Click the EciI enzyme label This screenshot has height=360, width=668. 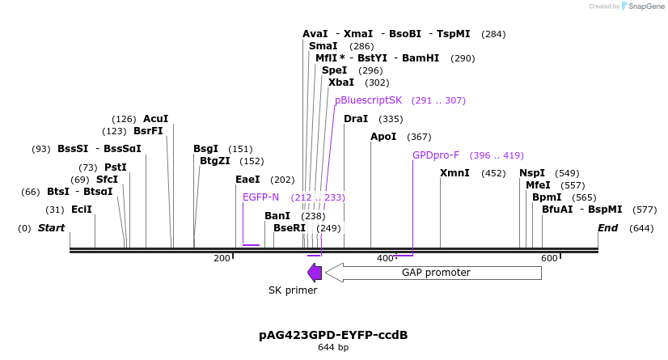pyautogui.click(x=81, y=210)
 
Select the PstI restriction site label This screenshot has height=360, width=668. pyautogui.click(x=115, y=167)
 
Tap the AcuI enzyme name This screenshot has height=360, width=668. pyautogui.click(x=155, y=119)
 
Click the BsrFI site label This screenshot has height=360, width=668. pyautogui.click(x=148, y=131)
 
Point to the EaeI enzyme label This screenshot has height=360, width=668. pyautogui.click(x=247, y=180)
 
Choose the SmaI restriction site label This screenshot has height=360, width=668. pyautogui.click(x=323, y=46)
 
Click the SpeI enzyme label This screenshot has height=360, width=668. pyautogui.click(x=334, y=70)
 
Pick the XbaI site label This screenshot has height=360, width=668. pyautogui.click(x=340, y=83)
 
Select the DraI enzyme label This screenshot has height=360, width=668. pyautogui.click(x=356, y=119)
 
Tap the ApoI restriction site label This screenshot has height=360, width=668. pyautogui.click(x=383, y=137)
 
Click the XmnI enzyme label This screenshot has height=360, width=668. pyautogui.click(x=454, y=173)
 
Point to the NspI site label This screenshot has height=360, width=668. pyautogui.click(x=532, y=173)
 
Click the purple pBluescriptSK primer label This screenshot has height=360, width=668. pyautogui.click(x=368, y=100)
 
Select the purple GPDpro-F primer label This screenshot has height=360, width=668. pyautogui.click(x=436, y=155)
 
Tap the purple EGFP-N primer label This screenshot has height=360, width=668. pyautogui.click(x=260, y=197)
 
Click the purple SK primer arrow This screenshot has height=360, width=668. pyautogui.click(x=315, y=273)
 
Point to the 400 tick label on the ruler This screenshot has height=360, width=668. pyautogui.click(x=386, y=258)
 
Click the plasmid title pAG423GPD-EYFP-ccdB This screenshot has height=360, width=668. pyautogui.click(x=333, y=335)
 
